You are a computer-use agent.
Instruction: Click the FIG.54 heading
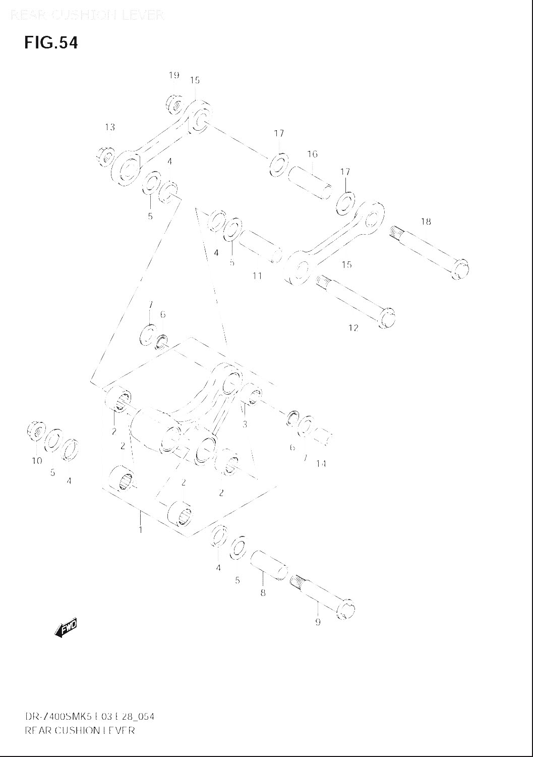(x=51, y=43)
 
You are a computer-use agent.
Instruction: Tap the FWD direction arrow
(x=66, y=627)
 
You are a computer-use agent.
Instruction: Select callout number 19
(x=174, y=76)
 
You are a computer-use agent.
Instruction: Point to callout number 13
(x=110, y=127)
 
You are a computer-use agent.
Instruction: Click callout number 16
(x=312, y=154)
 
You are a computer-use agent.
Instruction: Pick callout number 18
(x=426, y=221)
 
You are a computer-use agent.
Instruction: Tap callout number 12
(x=353, y=328)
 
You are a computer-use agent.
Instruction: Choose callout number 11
(x=257, y=276)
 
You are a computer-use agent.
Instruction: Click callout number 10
(x=37, y=461)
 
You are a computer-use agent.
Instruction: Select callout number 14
(x=321, y=464)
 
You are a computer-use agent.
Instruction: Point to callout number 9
(x=318, y=622)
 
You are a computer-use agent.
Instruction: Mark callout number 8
(x=263, y=593)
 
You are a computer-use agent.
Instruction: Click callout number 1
(x=140, y=529)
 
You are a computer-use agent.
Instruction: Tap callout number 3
(x=245, y=424)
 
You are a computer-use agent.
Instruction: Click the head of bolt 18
(x=460, y=268)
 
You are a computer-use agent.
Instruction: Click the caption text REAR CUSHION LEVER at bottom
(x=80, y=730)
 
